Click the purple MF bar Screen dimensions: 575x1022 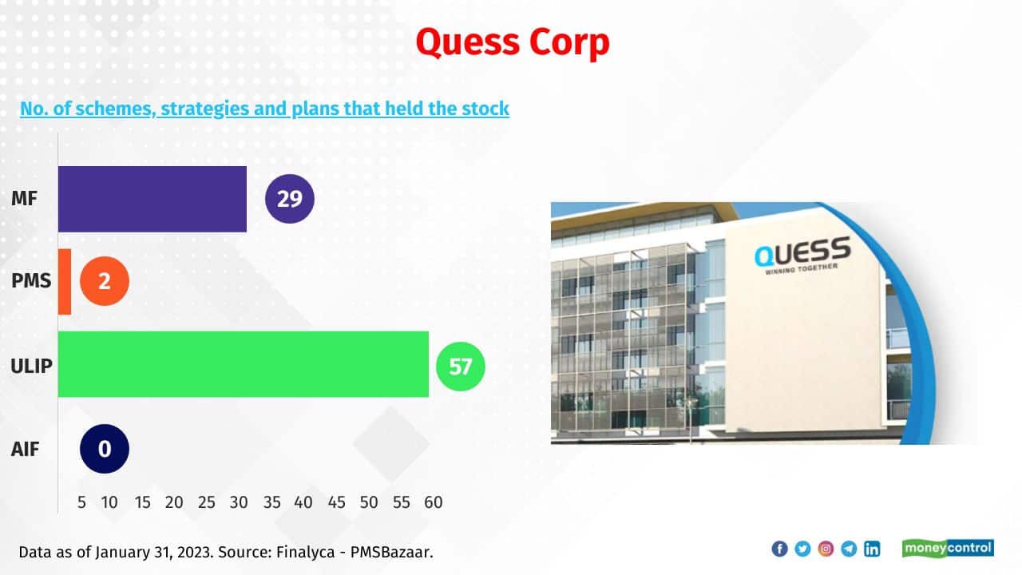[x=152, y=199]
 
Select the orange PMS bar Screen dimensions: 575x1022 [x=65, y=281]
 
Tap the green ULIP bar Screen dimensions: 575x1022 [x=243, y=364]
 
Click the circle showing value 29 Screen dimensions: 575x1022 [x=290, y=199]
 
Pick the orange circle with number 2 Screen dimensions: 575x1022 [x=105, y=281]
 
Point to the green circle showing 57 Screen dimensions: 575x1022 [x=461, y=367]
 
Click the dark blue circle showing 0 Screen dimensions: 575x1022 [x=105, y=449]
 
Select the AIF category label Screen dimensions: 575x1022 [x=25, y=449]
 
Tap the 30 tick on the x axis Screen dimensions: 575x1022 [x=238, y=502]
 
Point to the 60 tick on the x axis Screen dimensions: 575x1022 [x=433, y=502]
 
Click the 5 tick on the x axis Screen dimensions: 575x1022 [x=82, y=502]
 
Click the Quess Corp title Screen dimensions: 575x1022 [x=512, y=42]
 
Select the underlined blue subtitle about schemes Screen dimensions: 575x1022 [x=264, y=109]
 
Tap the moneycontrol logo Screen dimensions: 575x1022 [x=948, y=548]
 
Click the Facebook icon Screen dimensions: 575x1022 [x=779, y=549]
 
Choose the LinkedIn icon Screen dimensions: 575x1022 [x=872, y=549]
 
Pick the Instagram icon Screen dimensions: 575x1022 [x=826, y=549]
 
